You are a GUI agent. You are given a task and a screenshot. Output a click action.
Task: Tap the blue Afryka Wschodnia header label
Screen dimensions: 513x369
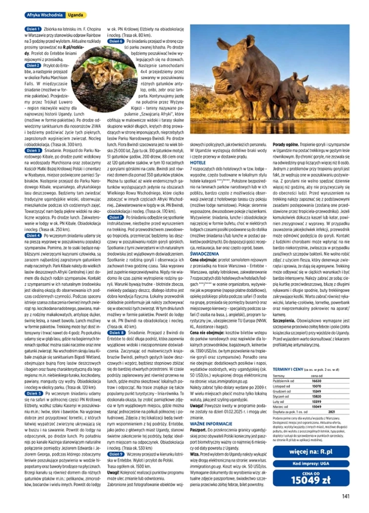click(x=45, y=15)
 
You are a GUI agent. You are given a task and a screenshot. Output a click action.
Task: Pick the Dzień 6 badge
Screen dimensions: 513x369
click(x=116, y=41)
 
